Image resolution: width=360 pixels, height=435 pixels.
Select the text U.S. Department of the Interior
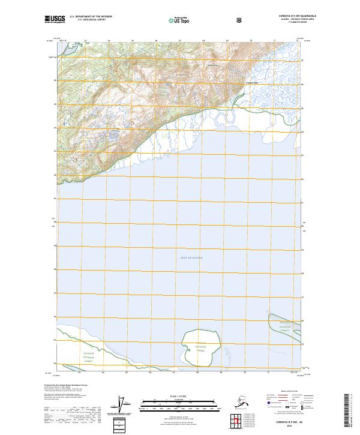[91, 16]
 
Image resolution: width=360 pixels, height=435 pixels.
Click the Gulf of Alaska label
[191, 257]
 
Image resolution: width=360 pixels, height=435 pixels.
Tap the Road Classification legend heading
[285, 391]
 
